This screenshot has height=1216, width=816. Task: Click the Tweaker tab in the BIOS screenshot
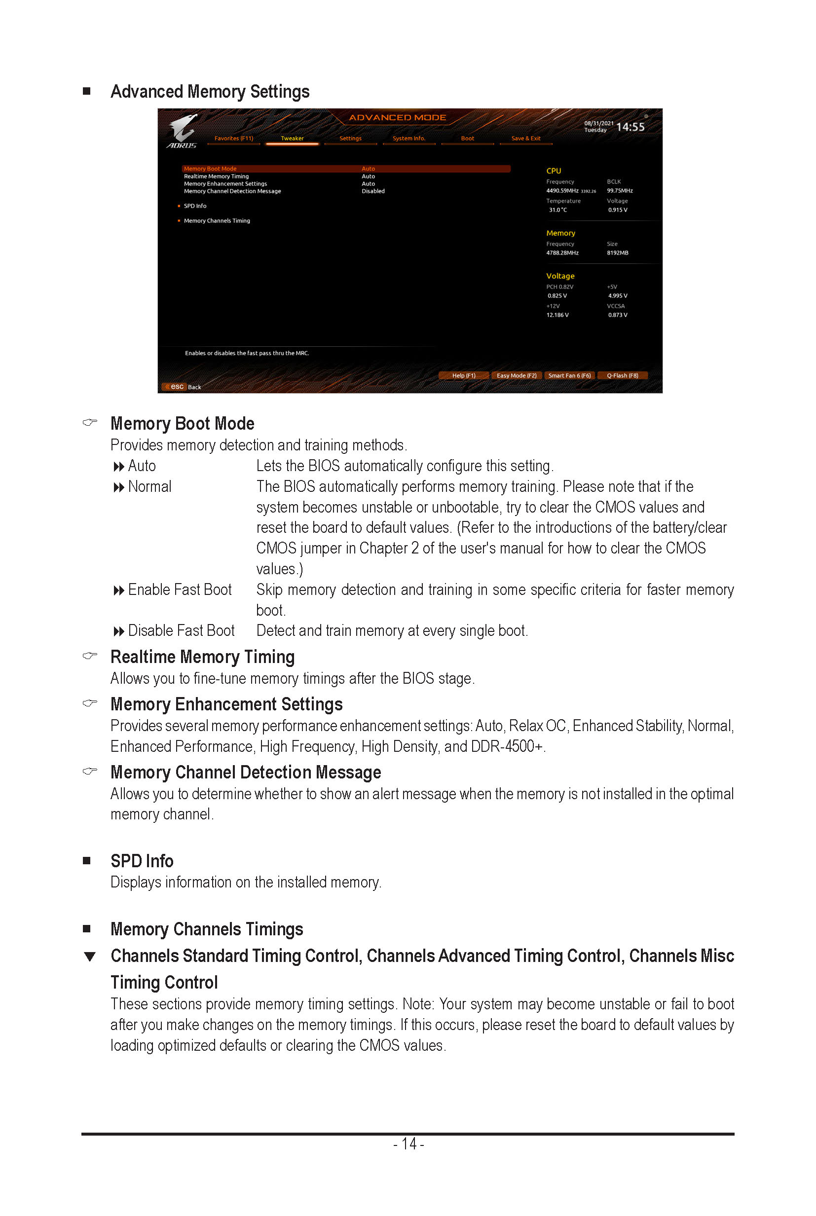[x=292, y=139]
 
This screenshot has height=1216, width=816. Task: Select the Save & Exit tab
[x=525, y=139]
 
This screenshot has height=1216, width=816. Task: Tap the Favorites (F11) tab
[x=234, y=139]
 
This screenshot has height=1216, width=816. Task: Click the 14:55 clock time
[x=630, y=127]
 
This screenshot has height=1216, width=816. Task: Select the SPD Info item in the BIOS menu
[x=195, y=206]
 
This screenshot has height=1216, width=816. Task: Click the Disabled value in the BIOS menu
[x=373, y=191]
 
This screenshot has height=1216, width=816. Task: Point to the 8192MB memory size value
[x=617, y=253]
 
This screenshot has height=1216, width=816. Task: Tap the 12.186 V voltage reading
[x=557, y=315]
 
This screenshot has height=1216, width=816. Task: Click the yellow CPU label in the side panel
[x=553, y=171]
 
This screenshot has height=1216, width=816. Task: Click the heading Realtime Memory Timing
[x=202, y=657]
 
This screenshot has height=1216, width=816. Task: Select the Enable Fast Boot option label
[x=180, y=590]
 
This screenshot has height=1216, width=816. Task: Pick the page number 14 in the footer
[x=408, y=1143]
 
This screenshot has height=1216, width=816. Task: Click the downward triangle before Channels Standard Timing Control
[x=90, y=957]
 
